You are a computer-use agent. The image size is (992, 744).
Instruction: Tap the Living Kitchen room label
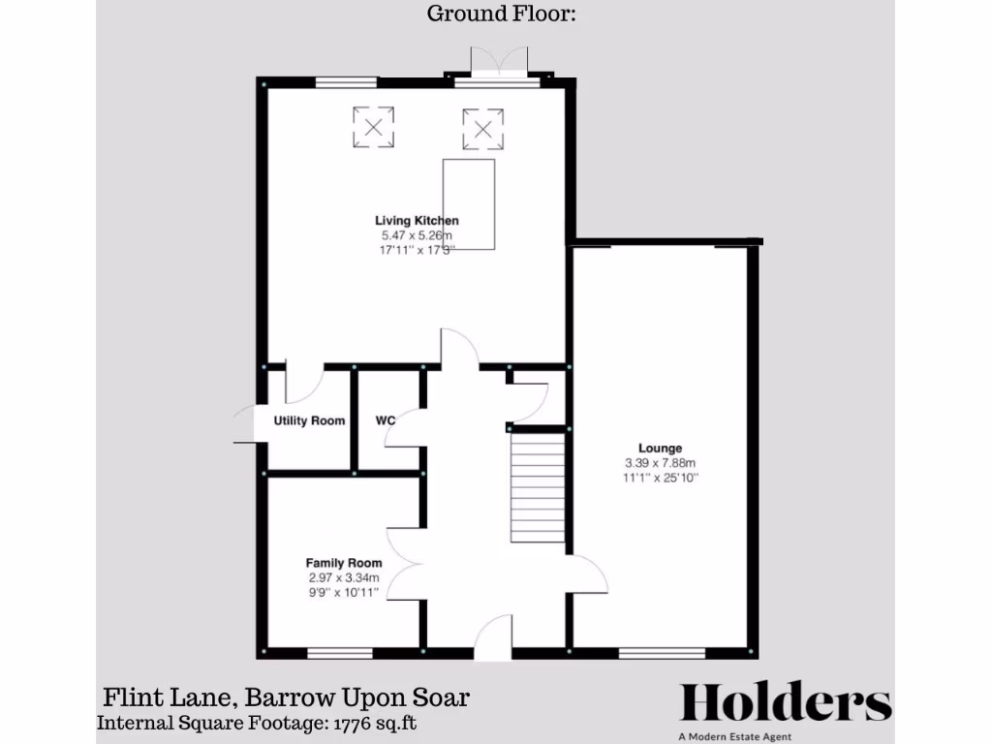[x=418, y=221]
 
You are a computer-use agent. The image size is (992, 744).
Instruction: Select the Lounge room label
[x=660, y=449]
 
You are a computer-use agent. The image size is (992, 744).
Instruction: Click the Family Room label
[x=344, y=563]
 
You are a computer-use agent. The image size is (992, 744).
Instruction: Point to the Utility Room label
[x=309, y=421]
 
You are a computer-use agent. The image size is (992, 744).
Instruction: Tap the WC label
[x=386, y=421]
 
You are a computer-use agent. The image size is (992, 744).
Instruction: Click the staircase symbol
[x=537, y=488]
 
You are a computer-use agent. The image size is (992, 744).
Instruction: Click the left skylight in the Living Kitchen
[x=373, y=127]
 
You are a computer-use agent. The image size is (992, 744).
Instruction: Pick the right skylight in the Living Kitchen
[x=482, y=129]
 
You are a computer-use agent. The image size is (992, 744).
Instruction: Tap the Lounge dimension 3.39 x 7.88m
[x=660, y=463]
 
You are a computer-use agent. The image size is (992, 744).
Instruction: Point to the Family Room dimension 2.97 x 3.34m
[x=344, y=577]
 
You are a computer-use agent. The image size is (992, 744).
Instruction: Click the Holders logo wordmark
[x=786, y=703]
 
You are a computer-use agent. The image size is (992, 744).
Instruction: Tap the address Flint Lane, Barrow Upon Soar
[x=287, y=697]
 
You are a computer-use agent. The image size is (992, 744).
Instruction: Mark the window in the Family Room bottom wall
[x=340, y=653]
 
